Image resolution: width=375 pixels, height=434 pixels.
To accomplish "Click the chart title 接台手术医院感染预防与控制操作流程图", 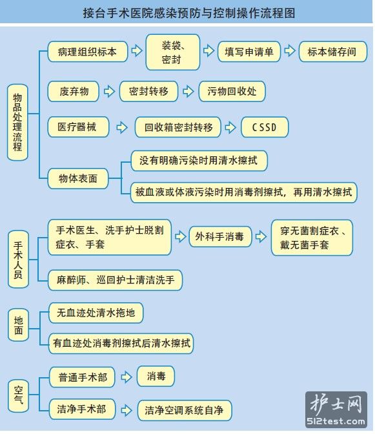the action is (189, 13).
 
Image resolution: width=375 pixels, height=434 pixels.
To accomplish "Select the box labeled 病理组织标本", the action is (88, 52).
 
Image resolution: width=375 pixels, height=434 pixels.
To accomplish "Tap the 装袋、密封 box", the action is (173, 52).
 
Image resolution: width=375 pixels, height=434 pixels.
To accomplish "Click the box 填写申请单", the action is (249, 52).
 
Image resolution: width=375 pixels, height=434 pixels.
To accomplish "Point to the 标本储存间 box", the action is (333, 52).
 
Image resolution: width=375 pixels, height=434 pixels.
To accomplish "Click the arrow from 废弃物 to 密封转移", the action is (109, 91).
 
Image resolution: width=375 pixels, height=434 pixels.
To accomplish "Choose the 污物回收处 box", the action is (232, 91).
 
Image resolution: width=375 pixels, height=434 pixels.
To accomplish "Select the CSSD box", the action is (265, 127).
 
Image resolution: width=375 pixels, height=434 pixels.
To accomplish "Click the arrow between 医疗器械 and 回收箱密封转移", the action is (122, 127).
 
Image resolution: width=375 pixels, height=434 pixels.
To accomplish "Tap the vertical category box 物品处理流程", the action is (17, 122).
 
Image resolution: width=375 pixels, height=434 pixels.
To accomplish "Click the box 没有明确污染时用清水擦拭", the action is (199, 161).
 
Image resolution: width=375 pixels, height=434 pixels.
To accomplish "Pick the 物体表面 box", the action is (78, 178).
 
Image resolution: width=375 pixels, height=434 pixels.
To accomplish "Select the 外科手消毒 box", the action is (220, 236).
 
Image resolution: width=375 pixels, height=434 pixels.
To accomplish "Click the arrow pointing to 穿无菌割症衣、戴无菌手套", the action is (261, 236).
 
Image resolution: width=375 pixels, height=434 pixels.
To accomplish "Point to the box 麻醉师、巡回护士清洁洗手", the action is (116, 280).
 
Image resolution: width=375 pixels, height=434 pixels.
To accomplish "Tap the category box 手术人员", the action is (18, 260).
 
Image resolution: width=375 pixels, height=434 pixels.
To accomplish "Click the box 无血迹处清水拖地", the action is (96, 313).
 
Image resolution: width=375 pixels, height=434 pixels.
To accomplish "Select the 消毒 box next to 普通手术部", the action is (156, 377).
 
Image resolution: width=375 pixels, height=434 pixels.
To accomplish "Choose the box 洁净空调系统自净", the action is (185, 410).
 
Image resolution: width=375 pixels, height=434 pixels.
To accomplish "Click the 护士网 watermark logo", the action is (336, 409).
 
